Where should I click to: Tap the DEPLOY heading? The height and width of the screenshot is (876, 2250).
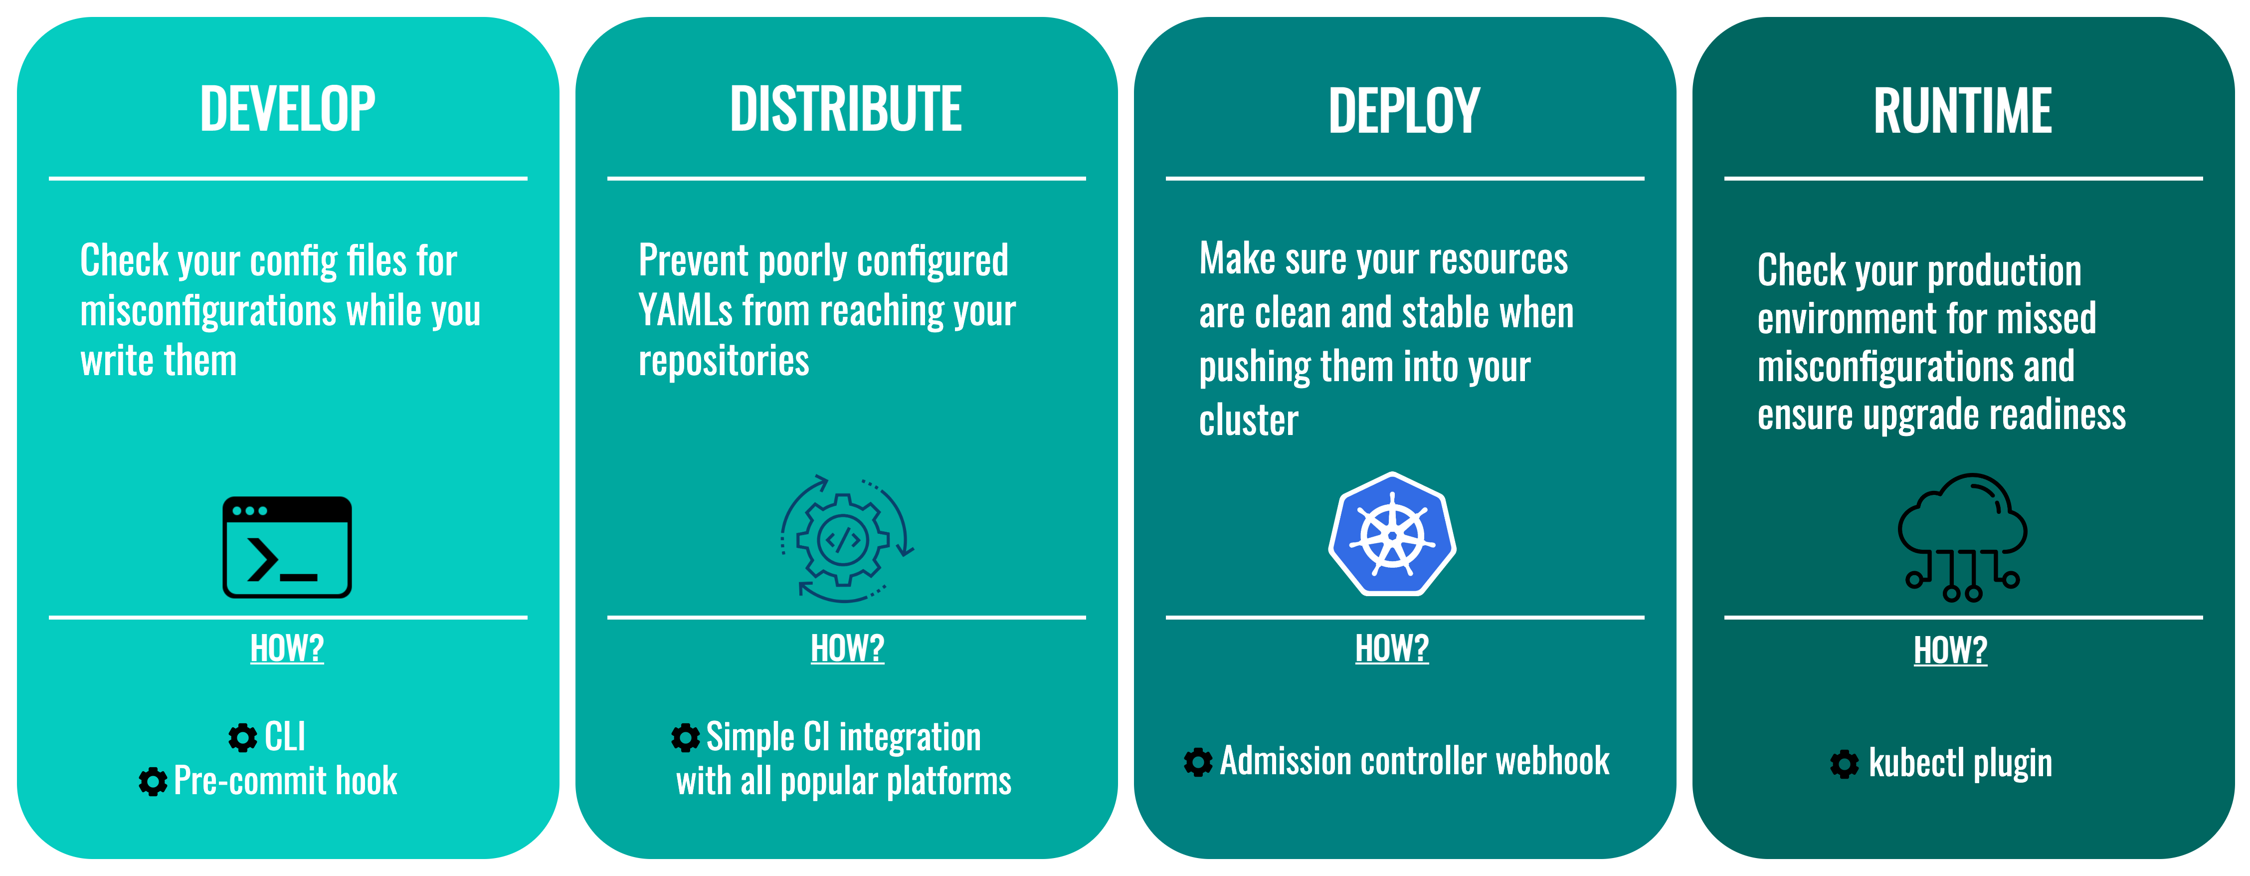coord(1404,111)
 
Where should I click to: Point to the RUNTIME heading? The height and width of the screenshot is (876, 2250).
coord(1963,111)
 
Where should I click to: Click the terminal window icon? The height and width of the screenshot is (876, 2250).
coord(287,547)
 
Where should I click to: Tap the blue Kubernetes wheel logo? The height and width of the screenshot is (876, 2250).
coord(1392,534)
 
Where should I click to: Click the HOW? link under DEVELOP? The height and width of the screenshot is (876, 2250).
coord(287,648)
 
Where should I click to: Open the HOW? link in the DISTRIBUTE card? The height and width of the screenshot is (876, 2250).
coord(847,648)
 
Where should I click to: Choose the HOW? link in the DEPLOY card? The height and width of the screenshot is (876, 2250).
coord(1391,648)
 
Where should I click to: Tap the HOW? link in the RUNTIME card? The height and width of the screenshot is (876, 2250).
coord(1950,650)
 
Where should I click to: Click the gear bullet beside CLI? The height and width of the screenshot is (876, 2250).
coord(243,738)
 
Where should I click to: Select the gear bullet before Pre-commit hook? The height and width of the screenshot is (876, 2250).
coord(153,782)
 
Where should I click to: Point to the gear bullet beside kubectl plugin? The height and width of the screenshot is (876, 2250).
coord(1845,764)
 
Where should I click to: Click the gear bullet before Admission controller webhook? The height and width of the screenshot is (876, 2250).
coord(1198,762)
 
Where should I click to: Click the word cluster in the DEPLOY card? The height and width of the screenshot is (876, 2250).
coord(1248,420)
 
